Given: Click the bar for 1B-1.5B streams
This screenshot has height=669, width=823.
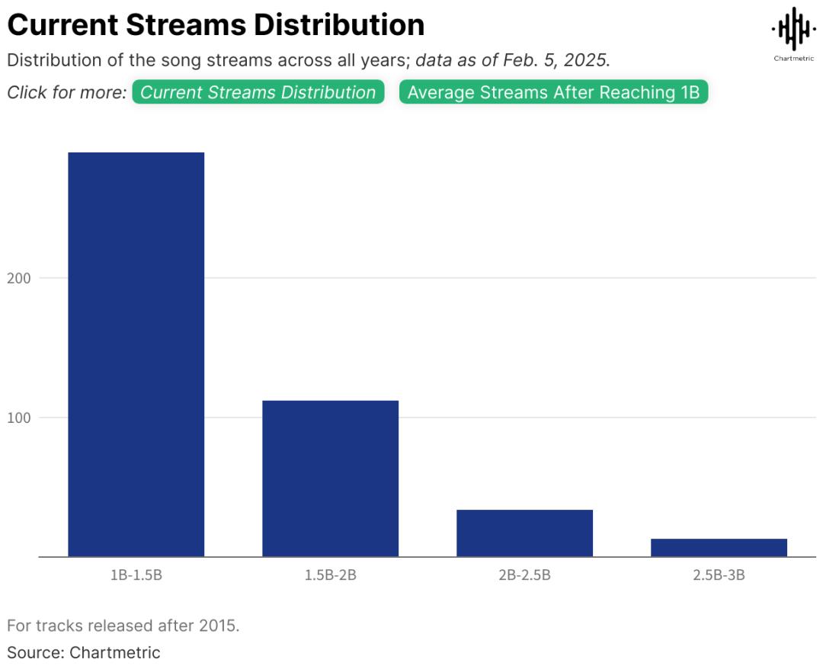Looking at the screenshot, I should pyautogui.click(x=136, y=354).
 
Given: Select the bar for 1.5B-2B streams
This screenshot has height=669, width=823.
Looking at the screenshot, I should pyautogui.click(x=330, y=479).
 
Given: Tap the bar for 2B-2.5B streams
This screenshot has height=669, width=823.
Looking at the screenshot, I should pyautogui.click(x=524, y=533).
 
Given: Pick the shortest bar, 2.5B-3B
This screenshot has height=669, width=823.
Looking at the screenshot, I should pyautogui.click(x=719, y=547).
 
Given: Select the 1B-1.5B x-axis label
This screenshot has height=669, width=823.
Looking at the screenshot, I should pyautogui.click(x=136, y=575).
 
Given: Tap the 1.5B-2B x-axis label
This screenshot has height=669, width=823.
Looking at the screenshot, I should pyautogui.click(x=330, y=575).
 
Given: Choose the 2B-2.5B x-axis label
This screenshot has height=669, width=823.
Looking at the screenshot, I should pyautogui.click(x=524, y=575).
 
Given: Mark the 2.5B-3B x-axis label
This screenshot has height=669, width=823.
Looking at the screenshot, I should pyautogui.click(x=719, y=575).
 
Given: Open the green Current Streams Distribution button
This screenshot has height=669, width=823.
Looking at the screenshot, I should pyautogui.click(x=258, y=92).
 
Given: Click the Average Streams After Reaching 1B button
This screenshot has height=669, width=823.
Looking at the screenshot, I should pyautogui.click(x=553, y=92).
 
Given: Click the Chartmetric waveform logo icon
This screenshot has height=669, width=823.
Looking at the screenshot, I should pyautogui.click(x=793, y=29).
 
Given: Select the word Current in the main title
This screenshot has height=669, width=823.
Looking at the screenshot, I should pyautogui.click(x=62, y=25).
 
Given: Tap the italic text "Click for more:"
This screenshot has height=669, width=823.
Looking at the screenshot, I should pyautogui.click(x=66, y=92).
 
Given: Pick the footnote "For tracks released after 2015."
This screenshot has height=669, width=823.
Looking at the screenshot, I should pyautogui.click(x=123, y=626).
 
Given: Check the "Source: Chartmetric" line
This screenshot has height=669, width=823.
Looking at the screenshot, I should pyautogui.click(x=84, y=652).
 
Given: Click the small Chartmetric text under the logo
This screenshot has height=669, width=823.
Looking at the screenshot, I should pyautogui.click(x=793, y=59).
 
